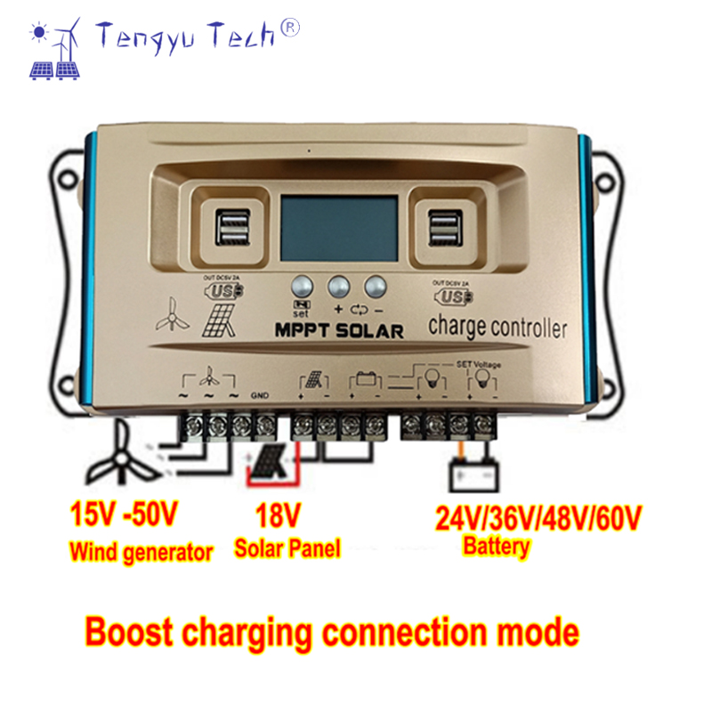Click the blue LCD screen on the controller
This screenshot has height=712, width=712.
point(339,230)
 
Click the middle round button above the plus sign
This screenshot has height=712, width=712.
point(339,287)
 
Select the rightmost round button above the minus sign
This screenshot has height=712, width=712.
point(376,287)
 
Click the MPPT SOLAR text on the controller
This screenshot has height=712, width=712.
point(339,331)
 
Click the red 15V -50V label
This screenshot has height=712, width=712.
point(124,514)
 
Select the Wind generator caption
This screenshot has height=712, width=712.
point(142,553)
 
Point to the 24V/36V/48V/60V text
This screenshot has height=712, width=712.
point(538,516)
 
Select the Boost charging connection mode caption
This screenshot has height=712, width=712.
point(331,633)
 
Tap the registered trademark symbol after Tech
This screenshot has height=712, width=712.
point(291,28)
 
